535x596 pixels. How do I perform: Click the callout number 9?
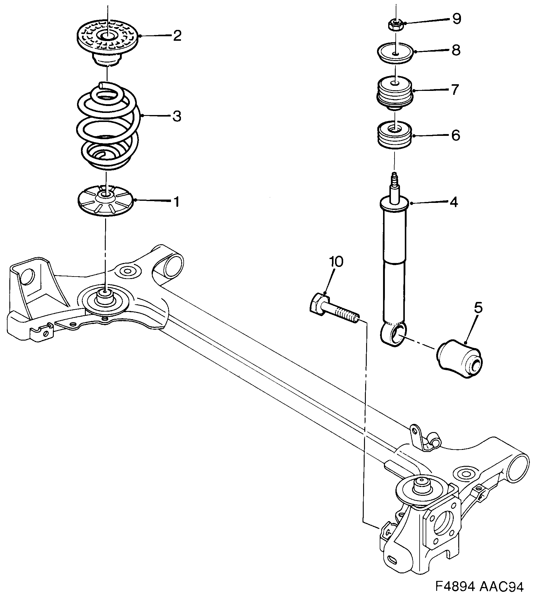(456, 19)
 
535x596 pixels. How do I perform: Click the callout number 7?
(454, 89)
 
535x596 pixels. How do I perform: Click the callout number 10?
(336, 262)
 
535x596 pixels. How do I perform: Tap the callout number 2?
(177, 36)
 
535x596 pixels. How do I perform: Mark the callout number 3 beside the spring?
(177, 116)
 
